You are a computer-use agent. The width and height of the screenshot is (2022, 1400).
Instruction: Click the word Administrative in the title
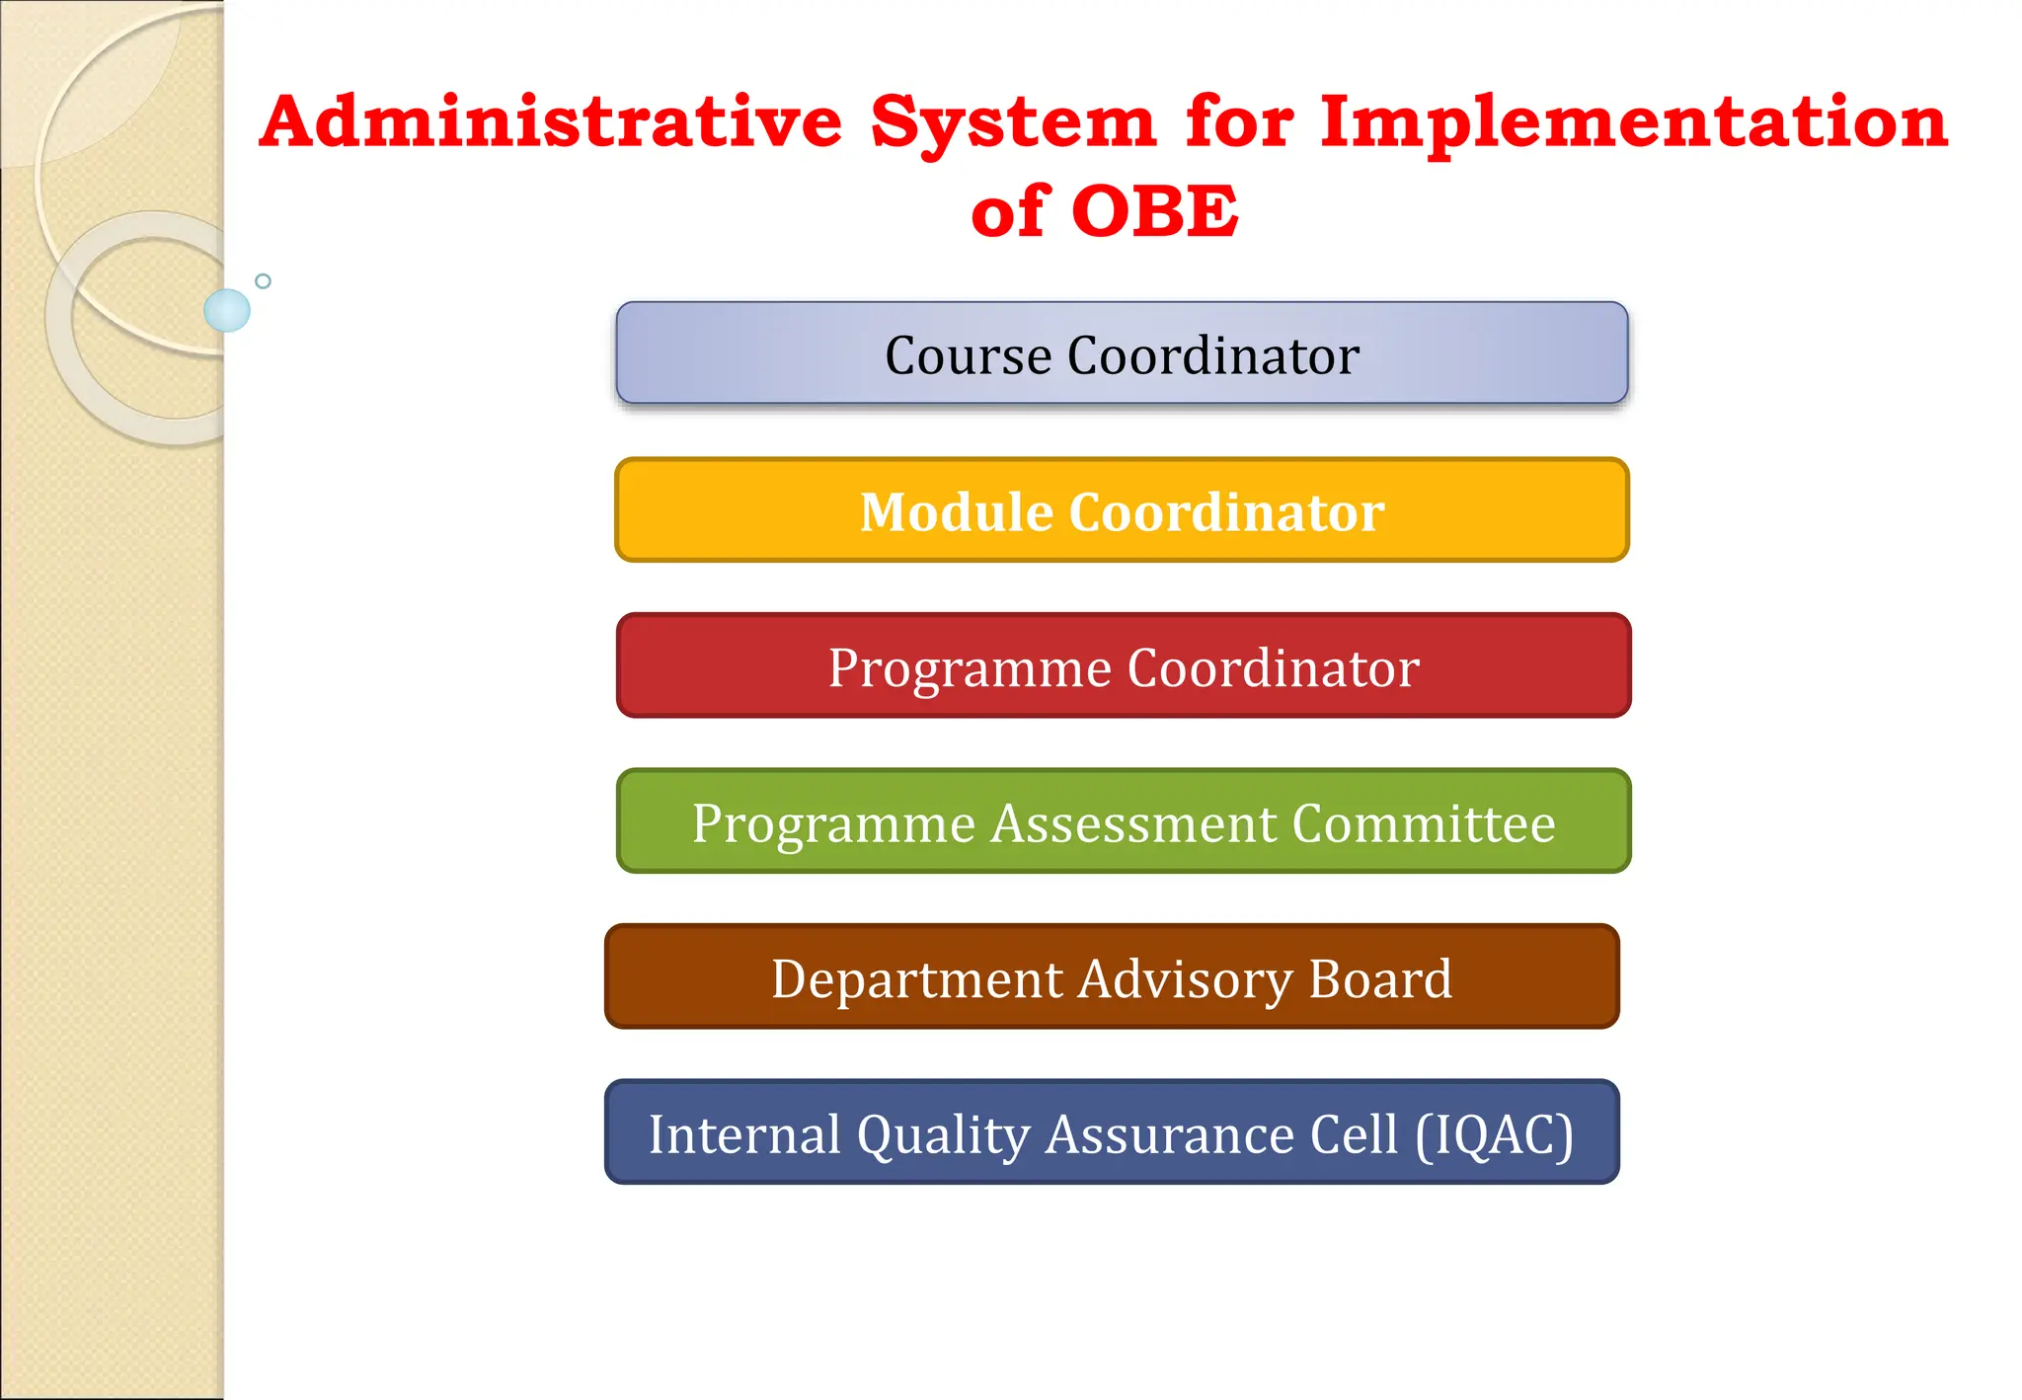point(551,122)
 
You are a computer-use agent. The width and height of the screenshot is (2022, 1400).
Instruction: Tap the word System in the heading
point(1012,124)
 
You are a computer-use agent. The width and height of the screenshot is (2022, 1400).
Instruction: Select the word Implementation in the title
point(1634,124)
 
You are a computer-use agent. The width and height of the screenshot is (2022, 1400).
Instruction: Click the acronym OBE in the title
point(1154,211)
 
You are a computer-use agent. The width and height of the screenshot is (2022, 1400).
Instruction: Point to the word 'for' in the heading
point(1239,122)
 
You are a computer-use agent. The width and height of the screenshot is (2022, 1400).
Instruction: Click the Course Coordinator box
point(1122,353)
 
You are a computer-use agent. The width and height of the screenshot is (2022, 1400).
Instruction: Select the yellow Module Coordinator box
point(1122,510)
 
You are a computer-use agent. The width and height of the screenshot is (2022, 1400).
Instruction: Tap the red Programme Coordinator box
point(1124,666)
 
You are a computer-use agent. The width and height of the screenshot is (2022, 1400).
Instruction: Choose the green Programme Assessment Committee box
point(1124,821)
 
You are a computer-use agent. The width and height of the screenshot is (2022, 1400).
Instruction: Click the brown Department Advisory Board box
point(1112,977)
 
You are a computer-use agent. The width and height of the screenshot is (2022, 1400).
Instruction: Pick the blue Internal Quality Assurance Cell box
point(1112,1132)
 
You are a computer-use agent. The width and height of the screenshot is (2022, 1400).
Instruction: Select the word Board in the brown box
point(1379,978)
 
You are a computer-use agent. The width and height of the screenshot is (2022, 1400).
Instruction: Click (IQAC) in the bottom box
point(1494,1134)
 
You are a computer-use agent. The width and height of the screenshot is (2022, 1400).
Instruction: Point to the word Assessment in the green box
point(1133,822)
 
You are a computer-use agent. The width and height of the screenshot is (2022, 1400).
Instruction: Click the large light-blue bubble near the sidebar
point(227,310)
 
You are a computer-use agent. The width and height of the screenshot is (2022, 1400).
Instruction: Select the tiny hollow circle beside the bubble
point(263,281)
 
